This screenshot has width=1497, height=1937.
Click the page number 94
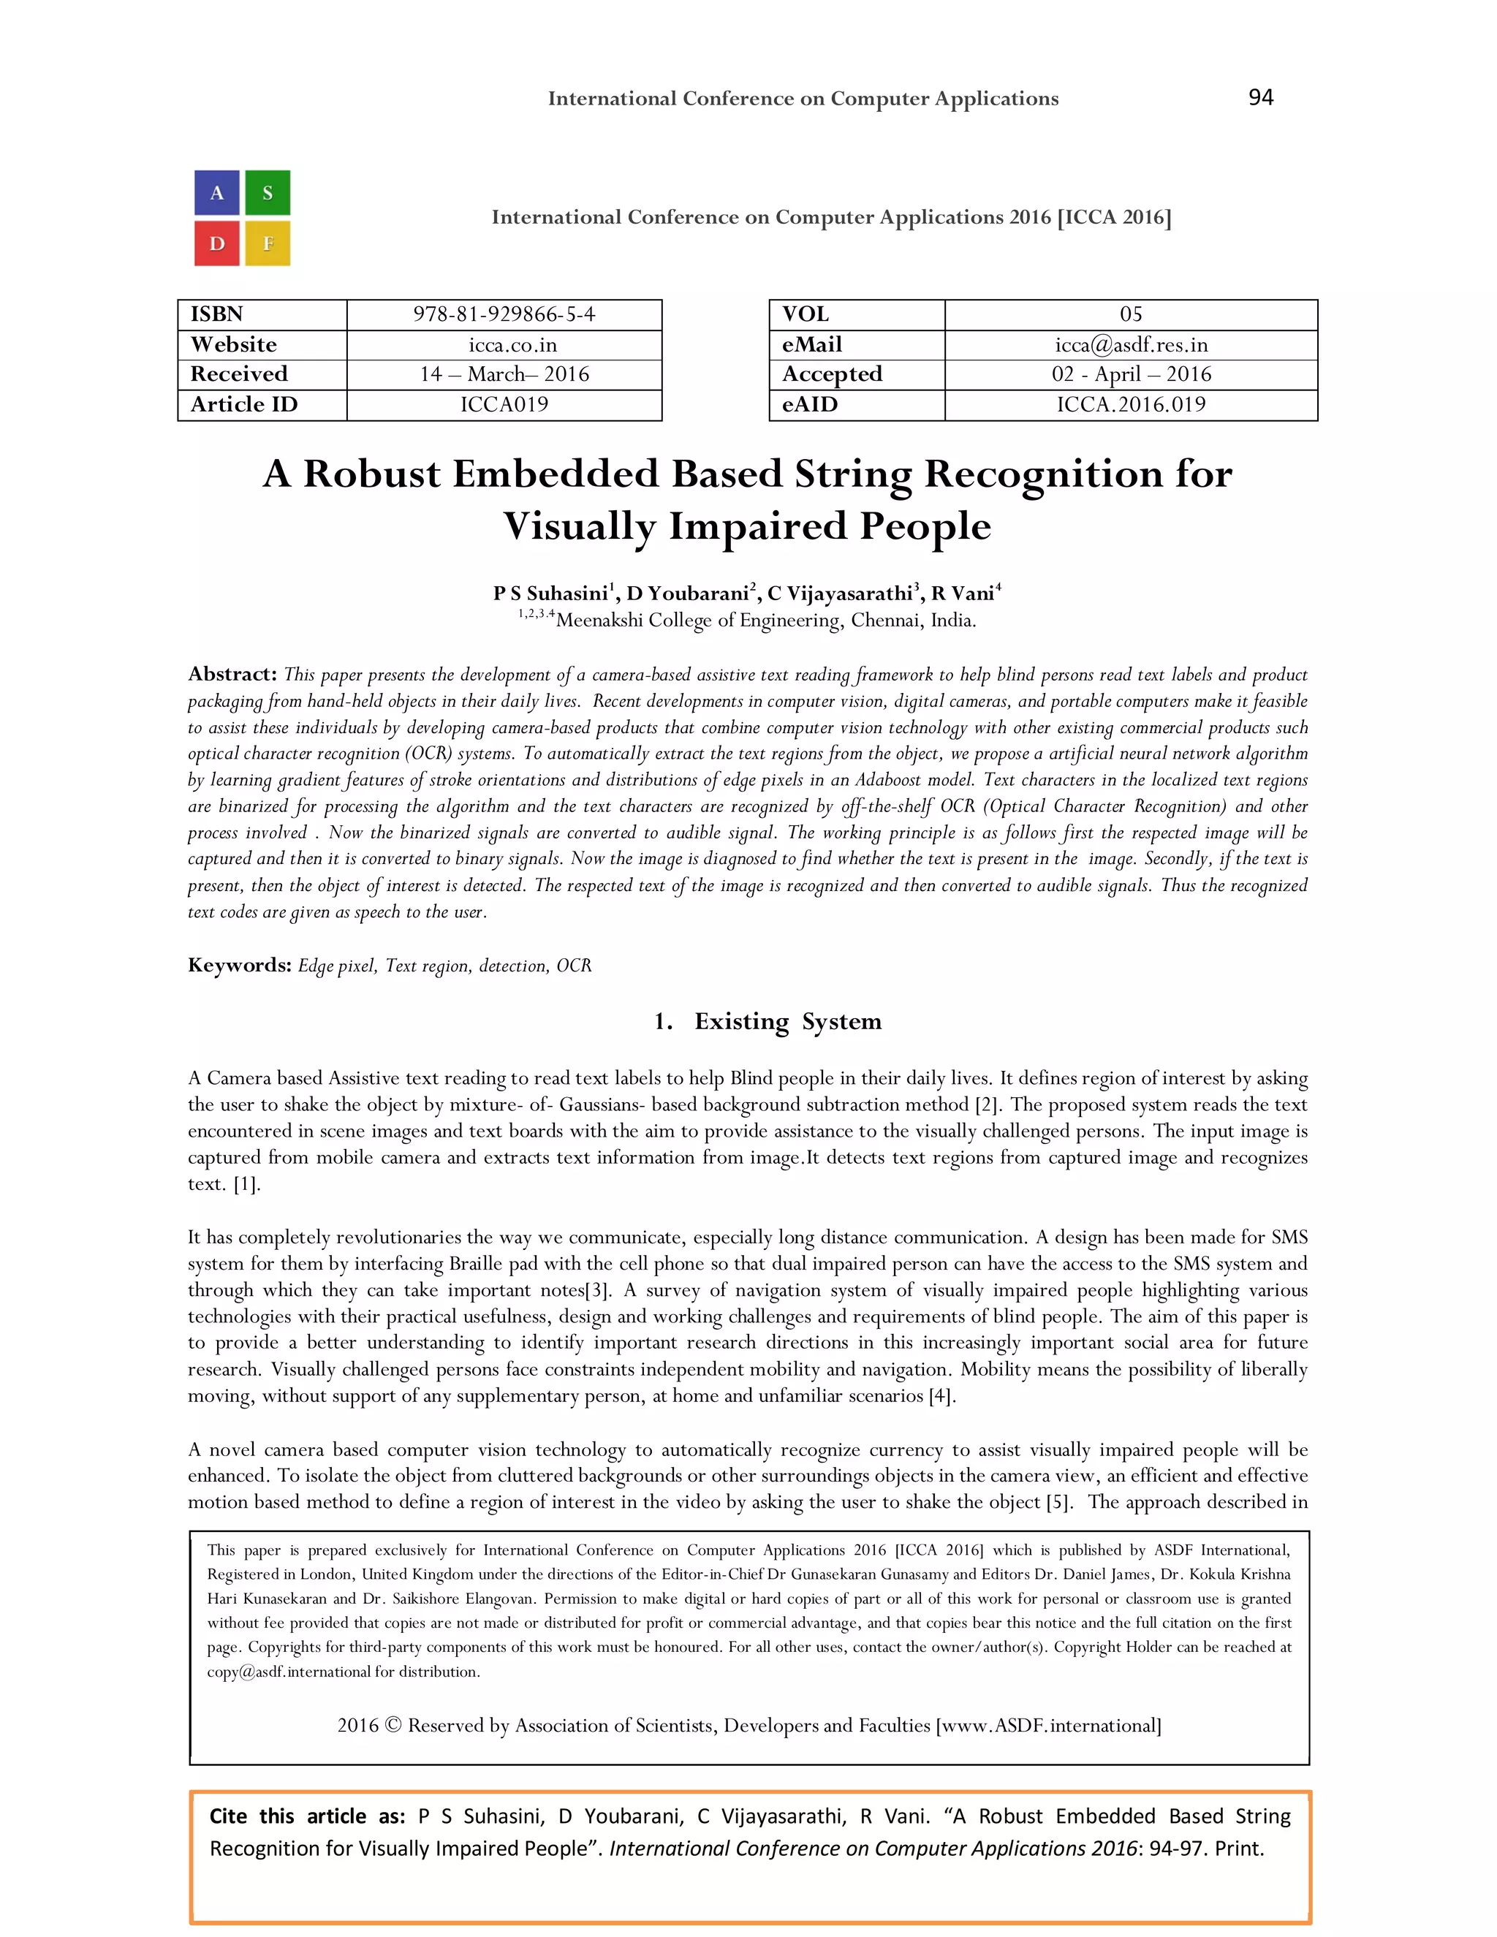point(1260,97)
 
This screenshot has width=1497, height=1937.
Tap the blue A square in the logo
point(217,194)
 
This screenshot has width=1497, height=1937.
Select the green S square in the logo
point(268,194)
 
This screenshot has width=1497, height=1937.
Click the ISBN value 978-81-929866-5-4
point(504,315)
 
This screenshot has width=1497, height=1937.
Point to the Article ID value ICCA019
point(504,404)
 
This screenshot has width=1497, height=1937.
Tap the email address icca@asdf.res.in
point(1131,345)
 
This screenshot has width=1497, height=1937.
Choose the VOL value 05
point(1131,315)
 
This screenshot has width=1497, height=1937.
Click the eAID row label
point(810,404)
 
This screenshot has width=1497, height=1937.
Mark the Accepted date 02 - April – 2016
point(1131,374)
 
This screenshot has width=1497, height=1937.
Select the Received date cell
point(504,374)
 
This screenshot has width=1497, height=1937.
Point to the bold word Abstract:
point(232,674)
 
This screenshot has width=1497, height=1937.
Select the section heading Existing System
point(787,1022)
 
